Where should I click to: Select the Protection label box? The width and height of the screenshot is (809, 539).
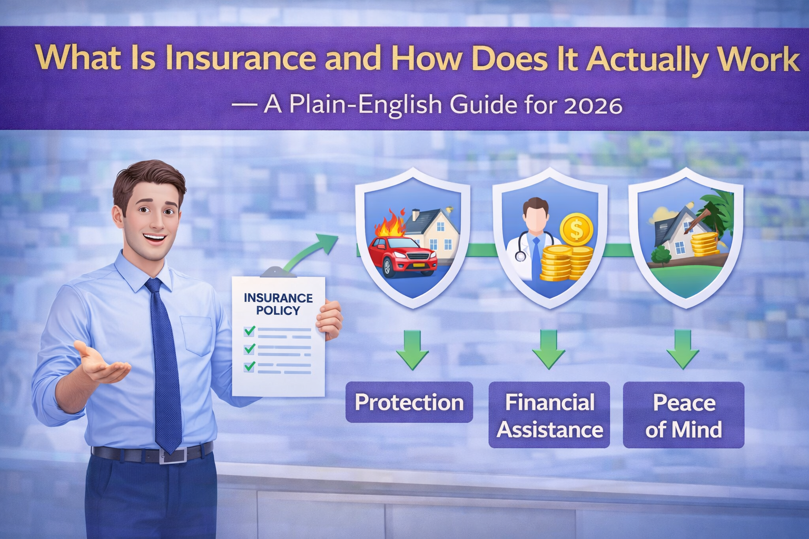click(x=409, y=403)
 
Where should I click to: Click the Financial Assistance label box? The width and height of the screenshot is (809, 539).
click(x=549, y=416)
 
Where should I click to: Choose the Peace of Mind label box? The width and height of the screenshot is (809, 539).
click(x=684, y=416)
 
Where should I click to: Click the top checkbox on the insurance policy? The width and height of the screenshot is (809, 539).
click(x=250, y=331)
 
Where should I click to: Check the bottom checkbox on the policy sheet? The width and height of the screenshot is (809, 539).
click(x=250, y=366)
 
